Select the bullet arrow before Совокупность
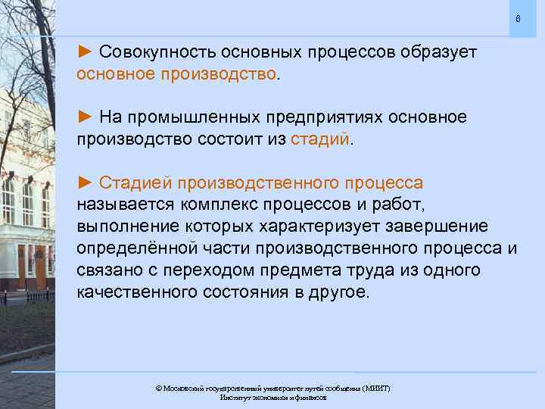point(85,53)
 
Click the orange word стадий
point(322,140)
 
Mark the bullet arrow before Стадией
point(85,183)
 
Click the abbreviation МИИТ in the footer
point(375,388)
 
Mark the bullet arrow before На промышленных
point(85,118)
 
